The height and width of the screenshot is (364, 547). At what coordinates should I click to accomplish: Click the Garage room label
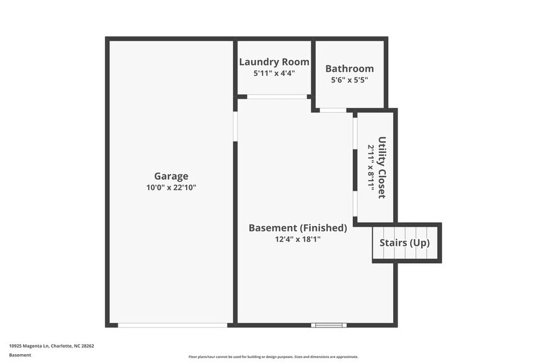(171, 176)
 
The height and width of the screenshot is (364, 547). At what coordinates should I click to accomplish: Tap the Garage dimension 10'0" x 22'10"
(171, 188)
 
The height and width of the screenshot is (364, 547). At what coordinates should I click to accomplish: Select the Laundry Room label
(274, 61)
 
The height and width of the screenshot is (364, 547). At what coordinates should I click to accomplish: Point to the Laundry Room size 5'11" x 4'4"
(274, 73)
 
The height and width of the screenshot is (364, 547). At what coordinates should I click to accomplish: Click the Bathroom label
(350, 69)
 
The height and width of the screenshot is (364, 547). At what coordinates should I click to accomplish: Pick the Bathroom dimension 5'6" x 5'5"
(350, 80)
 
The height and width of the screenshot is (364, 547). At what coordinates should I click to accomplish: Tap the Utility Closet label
(382, 167)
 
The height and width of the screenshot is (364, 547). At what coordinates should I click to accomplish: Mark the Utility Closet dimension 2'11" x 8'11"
(371, 167)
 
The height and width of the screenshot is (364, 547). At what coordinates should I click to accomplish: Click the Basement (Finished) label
(298, 227)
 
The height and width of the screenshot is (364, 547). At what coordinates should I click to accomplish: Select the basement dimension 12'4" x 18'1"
(298, 239)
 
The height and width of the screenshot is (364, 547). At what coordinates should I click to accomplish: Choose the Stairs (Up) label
(404, 243)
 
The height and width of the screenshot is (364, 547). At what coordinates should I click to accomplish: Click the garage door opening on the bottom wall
(172, 324)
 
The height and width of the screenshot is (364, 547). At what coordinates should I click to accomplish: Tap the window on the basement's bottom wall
(327, 324)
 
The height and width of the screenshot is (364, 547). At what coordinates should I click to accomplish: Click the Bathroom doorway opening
(333, 110)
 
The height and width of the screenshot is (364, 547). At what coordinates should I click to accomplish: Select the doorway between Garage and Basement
(236, 126)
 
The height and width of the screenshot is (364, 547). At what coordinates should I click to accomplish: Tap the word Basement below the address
(20, 355)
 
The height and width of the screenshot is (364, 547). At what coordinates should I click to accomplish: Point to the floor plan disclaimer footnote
(273, 357)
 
